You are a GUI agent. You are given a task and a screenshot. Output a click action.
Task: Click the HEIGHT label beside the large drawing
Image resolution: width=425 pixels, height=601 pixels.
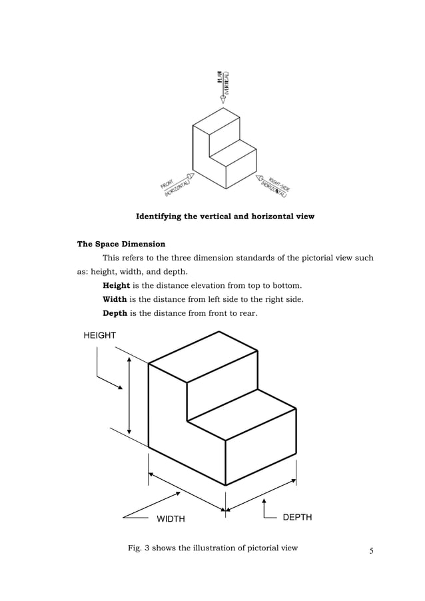pyautogui.click(x=99, y=336)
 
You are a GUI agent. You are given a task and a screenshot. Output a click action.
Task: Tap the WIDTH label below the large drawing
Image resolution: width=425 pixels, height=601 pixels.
pyautogui.click(x=171, y=519)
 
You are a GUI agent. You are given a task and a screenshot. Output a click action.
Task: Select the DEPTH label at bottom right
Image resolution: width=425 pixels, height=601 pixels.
pyautogui.click(x=297, y=517)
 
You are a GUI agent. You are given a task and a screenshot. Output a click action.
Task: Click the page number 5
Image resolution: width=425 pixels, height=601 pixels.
pyautogui.click(x=372, y=550)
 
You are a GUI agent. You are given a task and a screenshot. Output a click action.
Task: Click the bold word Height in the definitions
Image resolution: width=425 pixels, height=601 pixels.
pyautogui.click(x=116, y=285)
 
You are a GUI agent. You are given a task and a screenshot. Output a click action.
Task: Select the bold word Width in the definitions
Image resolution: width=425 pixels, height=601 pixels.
pyautogui.click(x=115, y=299)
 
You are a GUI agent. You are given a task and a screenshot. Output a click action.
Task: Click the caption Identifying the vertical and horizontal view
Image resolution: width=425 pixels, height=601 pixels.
pyautogui.click(x=225, y=217)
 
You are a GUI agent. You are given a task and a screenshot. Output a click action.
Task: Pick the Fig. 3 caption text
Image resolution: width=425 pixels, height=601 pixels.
pyautogui.click(x=212, y=548)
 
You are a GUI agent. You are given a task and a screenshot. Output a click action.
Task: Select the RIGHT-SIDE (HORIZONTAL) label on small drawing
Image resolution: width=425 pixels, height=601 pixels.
pyautogui.click(x=275, y=186)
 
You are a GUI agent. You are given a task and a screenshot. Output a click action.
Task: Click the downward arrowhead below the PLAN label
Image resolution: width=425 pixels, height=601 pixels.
pyautogui.click(x=222, y=99)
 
